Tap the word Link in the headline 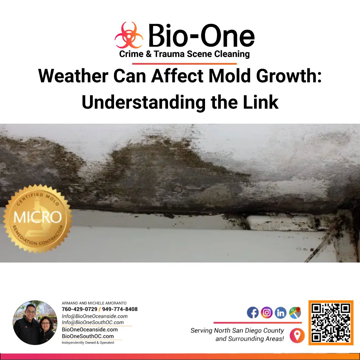click(262, 103)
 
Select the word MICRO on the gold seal click(37, 217)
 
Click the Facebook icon click(253, 313)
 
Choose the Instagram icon click(267, 313)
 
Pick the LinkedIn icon click(281, 313)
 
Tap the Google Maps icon click(295, 313)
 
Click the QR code click(331, 322)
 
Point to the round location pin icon click(297, 335)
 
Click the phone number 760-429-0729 click(80, 309)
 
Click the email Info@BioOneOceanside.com click(95, 316)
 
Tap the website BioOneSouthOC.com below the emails click(88, 336)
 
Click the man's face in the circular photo click(30, 312)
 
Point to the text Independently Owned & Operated click(88, 343)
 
